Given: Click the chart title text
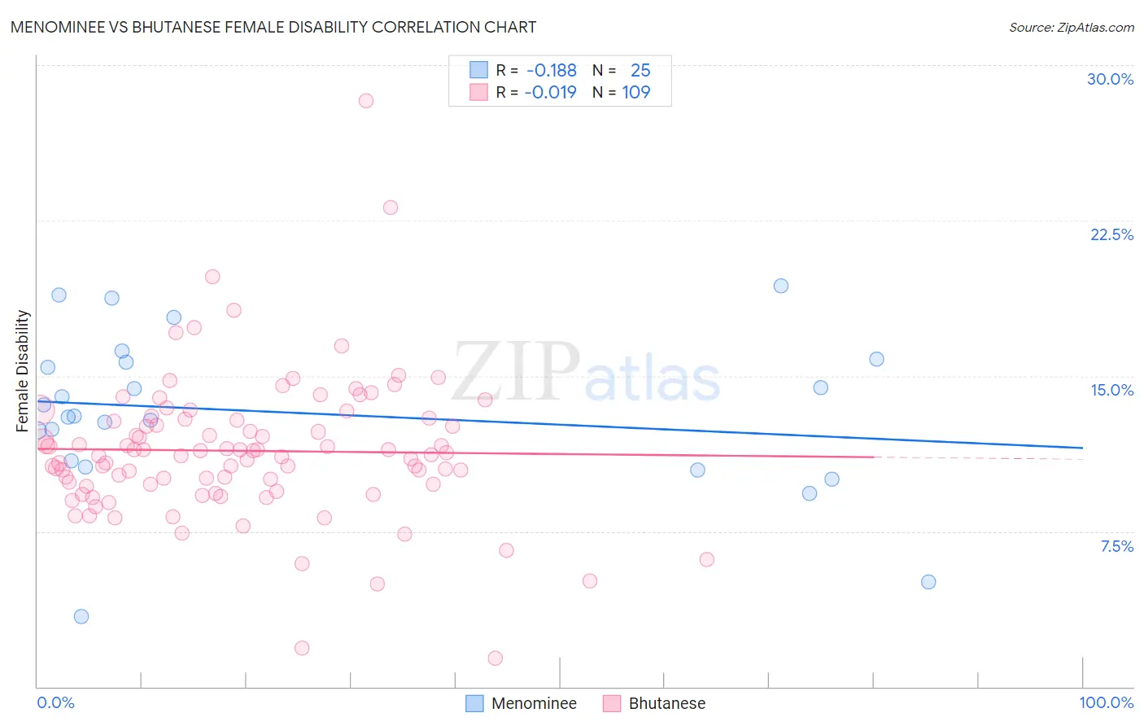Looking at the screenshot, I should [273, 27].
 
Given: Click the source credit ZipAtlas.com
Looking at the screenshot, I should [1071, 27].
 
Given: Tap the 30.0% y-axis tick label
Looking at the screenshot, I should [1110, 79].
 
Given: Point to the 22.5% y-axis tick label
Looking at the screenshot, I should [1111, 234].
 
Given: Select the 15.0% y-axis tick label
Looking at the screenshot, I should [1111, 390].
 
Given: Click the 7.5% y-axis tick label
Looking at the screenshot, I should [1116, 546].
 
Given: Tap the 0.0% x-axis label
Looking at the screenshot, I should [55, 702].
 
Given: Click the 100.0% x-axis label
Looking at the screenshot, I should [1106, 702].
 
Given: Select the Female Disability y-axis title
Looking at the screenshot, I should [23, 370].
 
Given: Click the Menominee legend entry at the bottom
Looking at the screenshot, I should [534, 703].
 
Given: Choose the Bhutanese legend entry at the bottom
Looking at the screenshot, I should [666, 703].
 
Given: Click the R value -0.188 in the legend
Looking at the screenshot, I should [551, 71].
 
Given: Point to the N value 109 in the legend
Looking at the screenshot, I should [635, 93].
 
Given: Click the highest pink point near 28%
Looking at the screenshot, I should [366, 101].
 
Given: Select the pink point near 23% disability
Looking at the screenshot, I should [391, 208].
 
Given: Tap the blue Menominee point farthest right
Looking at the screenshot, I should [928, 582].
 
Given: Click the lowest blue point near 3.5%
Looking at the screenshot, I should [81, 616].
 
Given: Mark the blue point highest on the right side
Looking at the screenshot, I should [781, 286].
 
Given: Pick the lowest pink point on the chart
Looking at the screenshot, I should [496, 658].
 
